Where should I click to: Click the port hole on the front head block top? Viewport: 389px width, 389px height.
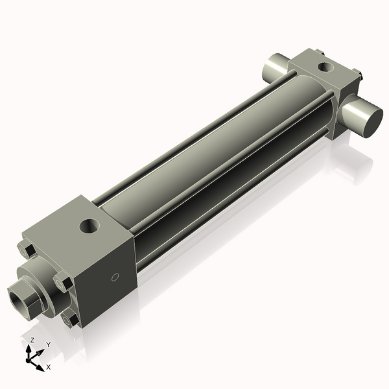point(87,226)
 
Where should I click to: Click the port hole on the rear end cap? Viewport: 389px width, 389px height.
point(322,65)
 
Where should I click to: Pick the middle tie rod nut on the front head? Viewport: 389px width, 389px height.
point(62,283)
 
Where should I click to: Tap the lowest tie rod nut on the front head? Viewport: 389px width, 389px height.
point(69,319)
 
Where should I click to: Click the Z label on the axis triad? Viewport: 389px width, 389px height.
point(32,340)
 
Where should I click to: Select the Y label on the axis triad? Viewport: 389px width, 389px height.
point(48,344)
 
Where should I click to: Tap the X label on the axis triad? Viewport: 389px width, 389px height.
point(49,367)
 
